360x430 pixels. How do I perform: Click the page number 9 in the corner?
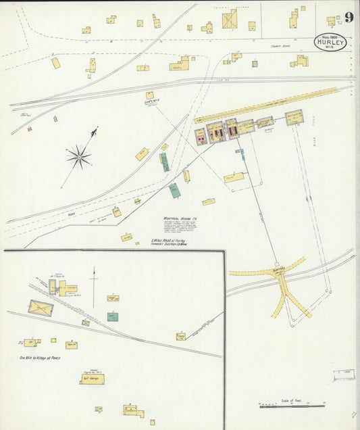pyautogui.click(x=349, y=18)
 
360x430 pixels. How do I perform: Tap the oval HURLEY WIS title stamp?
pyautogui.click(x=330, y=43)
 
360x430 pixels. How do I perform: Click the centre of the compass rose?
pyautogui.click(x=79, y=157)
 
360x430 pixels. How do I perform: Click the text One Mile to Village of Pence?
pyautogui.click(x=32, y=358)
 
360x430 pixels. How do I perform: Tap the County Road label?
pyautogui.click(x=280, y=47)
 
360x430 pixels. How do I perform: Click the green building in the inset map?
pyautogui.click(x=113, y=316)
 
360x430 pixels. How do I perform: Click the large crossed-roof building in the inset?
pyautogui.click(x=41, y=308)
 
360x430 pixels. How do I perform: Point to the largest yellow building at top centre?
pyautogui.click(x=230, y=19)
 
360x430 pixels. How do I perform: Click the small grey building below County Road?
pyautogui.click(x=255, y=64)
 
